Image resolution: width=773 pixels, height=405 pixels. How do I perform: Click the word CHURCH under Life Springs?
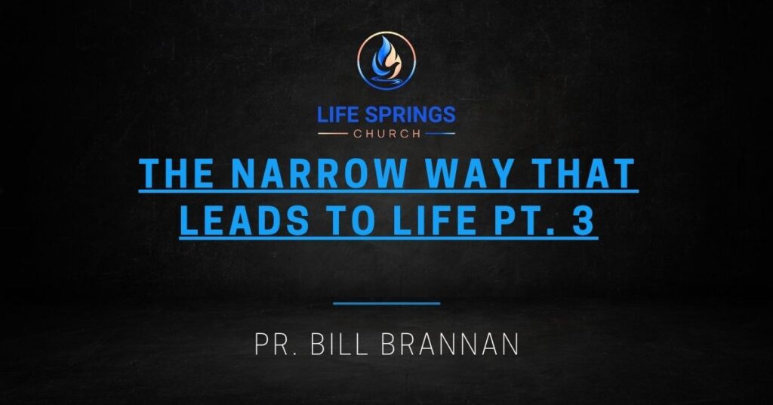tap(386, 134)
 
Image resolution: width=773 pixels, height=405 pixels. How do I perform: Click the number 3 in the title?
tap(584, 221)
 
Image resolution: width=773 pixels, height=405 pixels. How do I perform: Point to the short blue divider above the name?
tap(386, 303)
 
